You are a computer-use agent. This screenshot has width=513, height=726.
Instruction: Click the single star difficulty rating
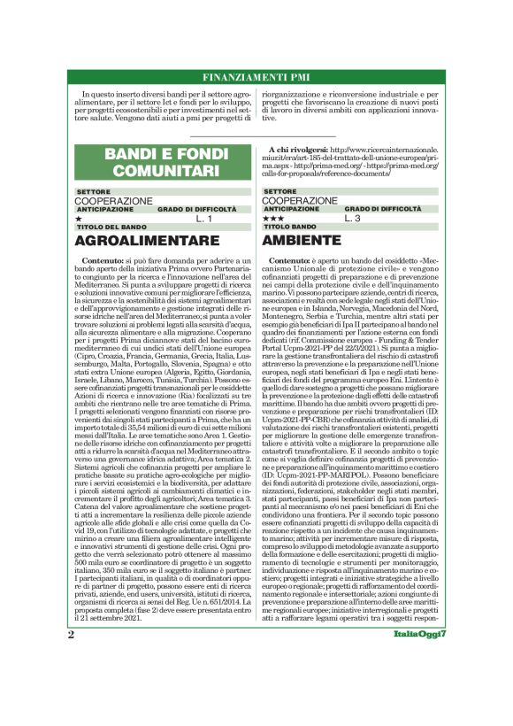[x=80, y=218]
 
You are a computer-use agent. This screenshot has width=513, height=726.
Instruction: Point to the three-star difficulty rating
[x=272, y=218]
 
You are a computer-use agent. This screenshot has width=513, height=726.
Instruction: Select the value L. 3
[x=353, y=218]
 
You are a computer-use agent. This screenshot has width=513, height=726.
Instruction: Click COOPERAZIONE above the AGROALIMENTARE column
[x=114, y=201]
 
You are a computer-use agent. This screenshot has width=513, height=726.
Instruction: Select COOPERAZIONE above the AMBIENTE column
[x=302, y=201]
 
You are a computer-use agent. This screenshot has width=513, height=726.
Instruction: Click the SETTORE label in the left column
[x=93, y=191]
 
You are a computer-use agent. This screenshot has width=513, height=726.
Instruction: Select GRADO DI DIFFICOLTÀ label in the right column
[x=384, y=209]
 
